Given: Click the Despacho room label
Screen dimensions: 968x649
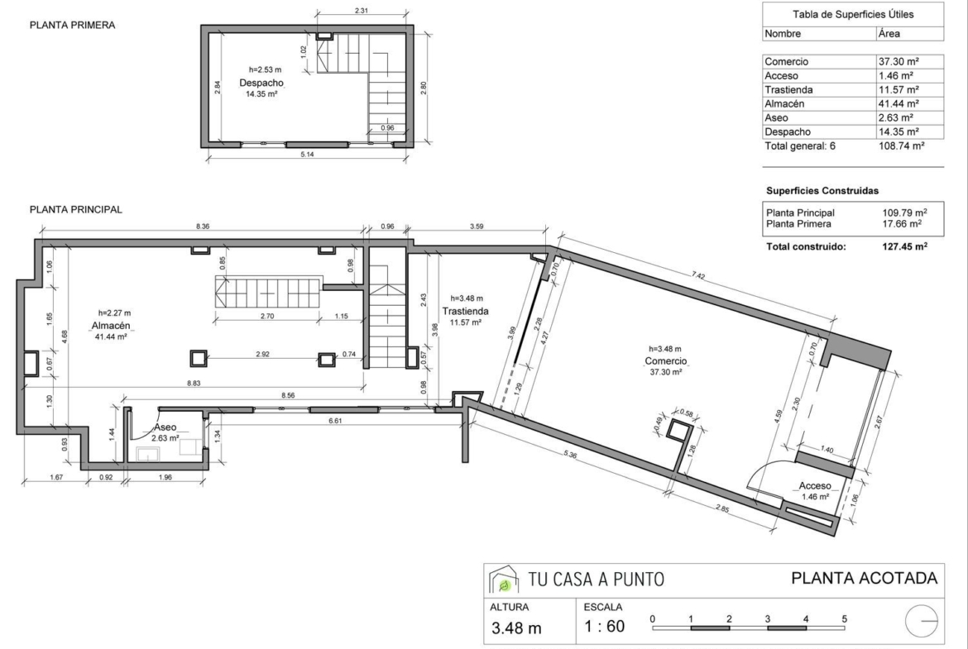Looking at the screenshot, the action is coord(261,83).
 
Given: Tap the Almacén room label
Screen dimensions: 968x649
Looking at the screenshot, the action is coord(111,326).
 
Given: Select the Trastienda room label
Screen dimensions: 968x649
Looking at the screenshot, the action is coord(466,312).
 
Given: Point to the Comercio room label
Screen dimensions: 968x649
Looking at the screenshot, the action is coord(665,361).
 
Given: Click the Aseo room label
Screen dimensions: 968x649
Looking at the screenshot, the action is coord(165,427).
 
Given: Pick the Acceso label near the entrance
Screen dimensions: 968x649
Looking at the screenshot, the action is coord(815,486).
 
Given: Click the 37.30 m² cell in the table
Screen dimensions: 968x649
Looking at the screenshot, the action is coord(899,62).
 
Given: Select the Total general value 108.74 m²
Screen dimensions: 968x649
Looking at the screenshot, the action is coord(901,146).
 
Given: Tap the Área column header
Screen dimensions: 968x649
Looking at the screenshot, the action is coord(889,34).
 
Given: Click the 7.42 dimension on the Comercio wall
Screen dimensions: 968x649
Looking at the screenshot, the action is coord(698,276).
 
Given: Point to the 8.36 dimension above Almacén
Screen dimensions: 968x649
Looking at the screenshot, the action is coord(203,227).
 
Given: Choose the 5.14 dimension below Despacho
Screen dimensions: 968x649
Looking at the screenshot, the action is coord(307,155).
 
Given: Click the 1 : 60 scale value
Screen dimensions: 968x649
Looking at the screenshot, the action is coord(605,627).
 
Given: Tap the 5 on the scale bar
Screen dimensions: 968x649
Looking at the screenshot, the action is coord(844,618).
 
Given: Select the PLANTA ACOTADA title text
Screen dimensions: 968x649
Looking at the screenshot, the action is coord(865,578).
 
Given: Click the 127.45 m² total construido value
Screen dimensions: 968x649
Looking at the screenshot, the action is coord(904,246).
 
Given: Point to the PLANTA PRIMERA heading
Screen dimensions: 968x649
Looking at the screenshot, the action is coord(72,26).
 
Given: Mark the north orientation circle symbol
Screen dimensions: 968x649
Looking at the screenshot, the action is coord(921,621).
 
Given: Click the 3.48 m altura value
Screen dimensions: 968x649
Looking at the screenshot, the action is coord(516,628).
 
